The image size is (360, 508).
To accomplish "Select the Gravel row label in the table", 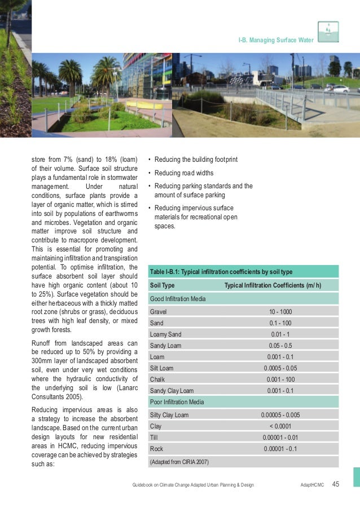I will (x=159, y=311).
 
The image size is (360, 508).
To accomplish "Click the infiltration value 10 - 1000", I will (x=280, y=311).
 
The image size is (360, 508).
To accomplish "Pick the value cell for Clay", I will (x=280, y=426).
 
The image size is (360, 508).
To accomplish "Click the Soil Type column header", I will (x=163, y=285).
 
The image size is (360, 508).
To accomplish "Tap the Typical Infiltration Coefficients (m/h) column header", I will (x=273, y=285).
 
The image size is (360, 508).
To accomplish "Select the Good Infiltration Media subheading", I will (x=178, y=298).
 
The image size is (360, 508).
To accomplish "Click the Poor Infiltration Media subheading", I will (x=177, y=402).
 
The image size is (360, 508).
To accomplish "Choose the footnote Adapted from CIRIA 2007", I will (x=179, y=462).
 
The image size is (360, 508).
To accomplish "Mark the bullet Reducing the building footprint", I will (x=196, y=160).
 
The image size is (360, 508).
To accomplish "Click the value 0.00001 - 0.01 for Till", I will (x=280, y=438).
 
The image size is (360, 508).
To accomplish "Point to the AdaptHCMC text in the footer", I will (x=312, y=485).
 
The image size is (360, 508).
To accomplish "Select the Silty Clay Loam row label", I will (x=169, y=415).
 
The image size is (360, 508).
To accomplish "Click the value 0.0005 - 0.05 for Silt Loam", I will (x=280, y=368).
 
